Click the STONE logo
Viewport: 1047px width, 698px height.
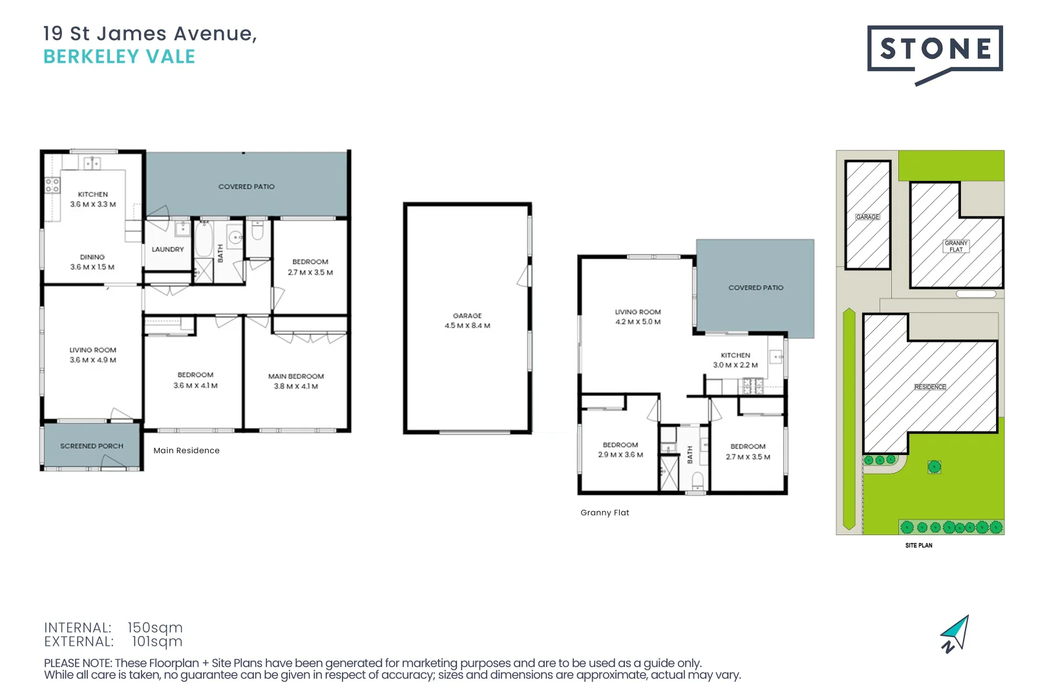click(x=935, y=50)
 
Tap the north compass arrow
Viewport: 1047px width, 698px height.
click(x=956, y=634)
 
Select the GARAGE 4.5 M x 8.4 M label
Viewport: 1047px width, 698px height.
click(x=467, y=321)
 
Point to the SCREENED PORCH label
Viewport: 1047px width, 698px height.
click(x=92, y=446)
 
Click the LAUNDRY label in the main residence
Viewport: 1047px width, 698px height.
click(x=168, y=249)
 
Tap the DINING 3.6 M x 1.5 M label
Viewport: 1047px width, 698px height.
click(x=92, y=262)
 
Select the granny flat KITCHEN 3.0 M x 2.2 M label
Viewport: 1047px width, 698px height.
click(x=735, y=361)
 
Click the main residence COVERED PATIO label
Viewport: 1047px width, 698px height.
click(x=246, y=187)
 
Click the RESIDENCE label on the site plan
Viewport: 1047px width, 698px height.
click(x=930, y=387)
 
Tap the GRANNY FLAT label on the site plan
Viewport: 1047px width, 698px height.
click(x=956, y=246)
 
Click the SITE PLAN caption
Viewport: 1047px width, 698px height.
click(x=918, y=545)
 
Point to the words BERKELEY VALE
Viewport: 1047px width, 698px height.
click(x=120, y=57)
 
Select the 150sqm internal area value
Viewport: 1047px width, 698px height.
click(x=155, y=628)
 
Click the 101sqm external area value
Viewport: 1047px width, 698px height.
click(x=157, y=642)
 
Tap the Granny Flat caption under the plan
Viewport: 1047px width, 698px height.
click(x=604, y=513)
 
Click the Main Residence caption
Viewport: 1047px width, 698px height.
click(x=186, y=450)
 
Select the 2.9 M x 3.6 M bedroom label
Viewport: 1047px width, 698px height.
click(x=620, y=450)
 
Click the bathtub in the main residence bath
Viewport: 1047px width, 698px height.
click(x=204, y=240)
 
